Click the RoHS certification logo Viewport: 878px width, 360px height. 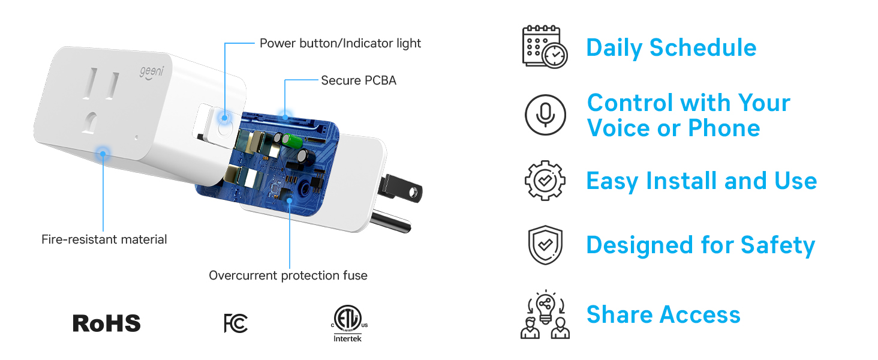point(107,323)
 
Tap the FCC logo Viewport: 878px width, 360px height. point(236,323)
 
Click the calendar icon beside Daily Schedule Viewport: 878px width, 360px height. point(545,47)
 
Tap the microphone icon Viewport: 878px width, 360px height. point(545,115)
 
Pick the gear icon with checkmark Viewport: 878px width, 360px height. point(545,181)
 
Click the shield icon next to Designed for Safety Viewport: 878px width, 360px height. point(545,245)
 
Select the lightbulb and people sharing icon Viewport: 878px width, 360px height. point(545,314)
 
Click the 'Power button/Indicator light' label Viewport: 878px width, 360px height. point(340,43)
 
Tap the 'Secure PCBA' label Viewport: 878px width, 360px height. point(359,80)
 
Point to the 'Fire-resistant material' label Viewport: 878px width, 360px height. point(104,239)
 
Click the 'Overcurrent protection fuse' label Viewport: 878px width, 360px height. point(288,275)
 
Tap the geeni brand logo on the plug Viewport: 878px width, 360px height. point(152,73)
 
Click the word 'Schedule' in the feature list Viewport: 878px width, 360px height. point(703,47)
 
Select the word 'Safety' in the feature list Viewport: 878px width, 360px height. point(778,245)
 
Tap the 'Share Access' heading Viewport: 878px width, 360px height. point(663,314)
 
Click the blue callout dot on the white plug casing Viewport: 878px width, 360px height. point(103,154)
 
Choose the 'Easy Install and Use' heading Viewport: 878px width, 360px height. point(702,181)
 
